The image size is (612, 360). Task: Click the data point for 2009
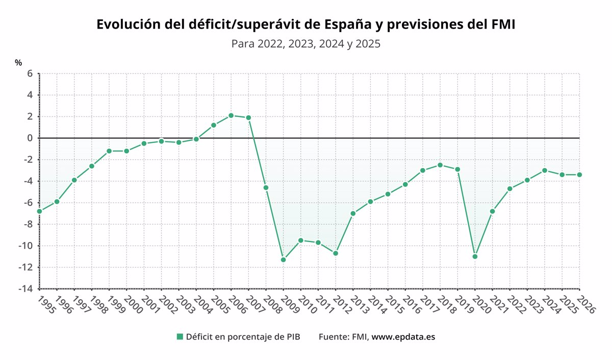point(284,260)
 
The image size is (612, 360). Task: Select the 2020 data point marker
point(475,256)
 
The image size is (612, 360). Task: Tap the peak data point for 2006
point(231,115)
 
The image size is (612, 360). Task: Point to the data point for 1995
point(39,211)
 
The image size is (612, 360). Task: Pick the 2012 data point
point(336,253)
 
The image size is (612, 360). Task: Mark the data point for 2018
point(440,165)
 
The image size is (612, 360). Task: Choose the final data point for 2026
point(579,175)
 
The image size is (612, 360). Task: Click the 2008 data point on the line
point(266,187)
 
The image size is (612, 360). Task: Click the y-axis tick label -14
point(25,289)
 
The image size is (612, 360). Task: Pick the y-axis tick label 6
point(30,74)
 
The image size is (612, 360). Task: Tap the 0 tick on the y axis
point(30,138)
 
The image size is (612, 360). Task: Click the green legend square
point(180,337)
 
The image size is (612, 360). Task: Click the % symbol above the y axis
point(18,63)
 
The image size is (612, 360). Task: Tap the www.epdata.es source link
point(403,337)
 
